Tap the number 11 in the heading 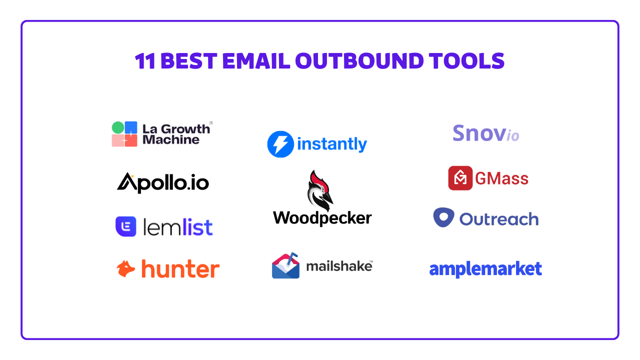pyautogui.click(x=145, y=61)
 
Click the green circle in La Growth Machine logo pyautogui.click(x=117, y=127)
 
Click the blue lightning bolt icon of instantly pyautogui.click(x=280, y=144)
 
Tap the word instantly pyautogui.click(x=332, y=144)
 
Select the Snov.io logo pyautogui.click(x=485, y=133)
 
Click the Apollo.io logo pyautogui.click(x=163, y=182)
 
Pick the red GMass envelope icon pyautogui.click(x=460, y=178)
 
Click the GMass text pyautogui.click(x=501, y=178)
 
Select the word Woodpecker pyautogui.click(x=322, y=218)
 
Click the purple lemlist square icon pyautogui.click(x=126, y=226)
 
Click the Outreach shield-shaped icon pyautogui.click(x=443, y=217)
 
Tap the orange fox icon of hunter pyautogui.click(x=126, y=269)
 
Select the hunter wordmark pyautogui.click(x=180, y=269)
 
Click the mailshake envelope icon pyautogui.click(x=285, y=266)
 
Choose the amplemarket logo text pyautogui.click(x=485, y=269)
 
